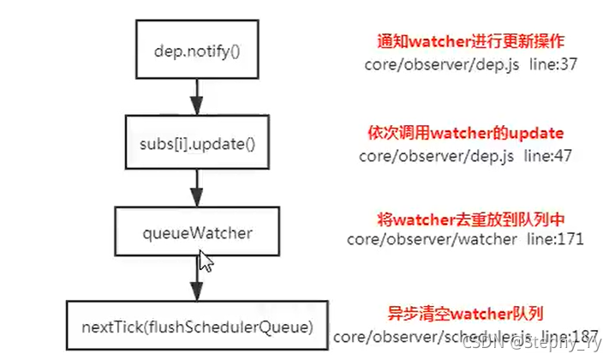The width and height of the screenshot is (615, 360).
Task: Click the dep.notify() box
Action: tap(199, 51)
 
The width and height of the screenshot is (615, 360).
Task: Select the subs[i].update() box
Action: tap(199, 140)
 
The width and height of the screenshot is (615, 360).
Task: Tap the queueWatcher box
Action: tap(199, 231)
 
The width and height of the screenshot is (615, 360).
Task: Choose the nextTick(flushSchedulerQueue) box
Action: tap(198, 327)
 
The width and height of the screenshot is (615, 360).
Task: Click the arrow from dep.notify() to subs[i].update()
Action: tap(199, 96)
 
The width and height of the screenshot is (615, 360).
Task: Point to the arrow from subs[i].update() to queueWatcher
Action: tap(199, 186)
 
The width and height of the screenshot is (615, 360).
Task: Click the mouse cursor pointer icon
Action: tap(205, 261)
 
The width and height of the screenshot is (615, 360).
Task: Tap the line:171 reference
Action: tap(554, 239)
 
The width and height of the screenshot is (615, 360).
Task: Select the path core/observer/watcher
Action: tap(431, 239)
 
